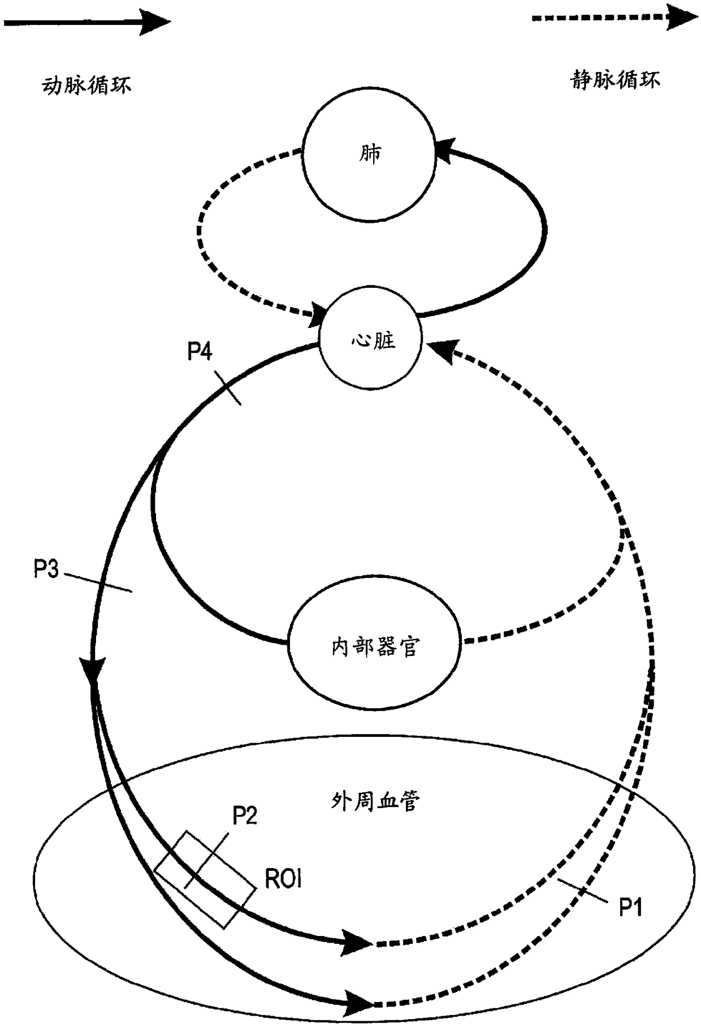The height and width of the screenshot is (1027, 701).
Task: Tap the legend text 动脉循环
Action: [x=86, y=85]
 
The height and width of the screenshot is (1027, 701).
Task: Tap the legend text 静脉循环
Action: [x=615, y=80]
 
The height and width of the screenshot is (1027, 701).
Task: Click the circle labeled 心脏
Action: [x=371, y=341]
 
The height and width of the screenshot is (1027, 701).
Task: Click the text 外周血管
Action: [x=375, y=801]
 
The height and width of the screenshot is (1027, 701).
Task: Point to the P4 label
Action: [x=200, y=352]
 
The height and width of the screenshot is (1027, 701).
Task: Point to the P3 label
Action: [x=46, y=568]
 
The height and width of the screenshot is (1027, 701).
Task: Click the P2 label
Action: [x=245, y=815]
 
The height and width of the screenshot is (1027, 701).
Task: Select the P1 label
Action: [x=630, y=908]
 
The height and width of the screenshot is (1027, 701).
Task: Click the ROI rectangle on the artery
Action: [x=205, y=879]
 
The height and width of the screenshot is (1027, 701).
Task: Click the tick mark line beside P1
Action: [x=581, y=891]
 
